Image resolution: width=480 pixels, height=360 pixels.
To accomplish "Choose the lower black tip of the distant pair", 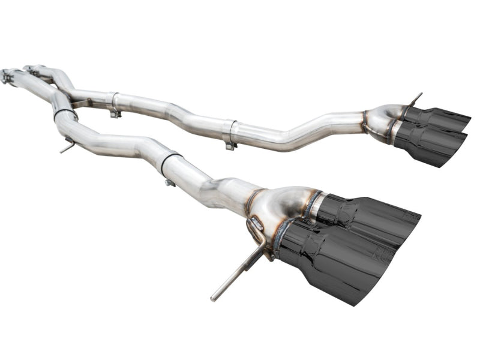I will (430, 144).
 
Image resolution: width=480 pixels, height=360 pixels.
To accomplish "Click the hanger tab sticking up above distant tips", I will (415, 98).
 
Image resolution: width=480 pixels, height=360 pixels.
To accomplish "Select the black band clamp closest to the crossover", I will (64, 113).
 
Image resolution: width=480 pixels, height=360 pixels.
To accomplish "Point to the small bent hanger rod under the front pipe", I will (68, 145).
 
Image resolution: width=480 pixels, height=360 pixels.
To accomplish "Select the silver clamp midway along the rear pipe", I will (229, 133).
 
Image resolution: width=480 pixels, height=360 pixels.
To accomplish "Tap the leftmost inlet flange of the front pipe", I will (7, 76).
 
